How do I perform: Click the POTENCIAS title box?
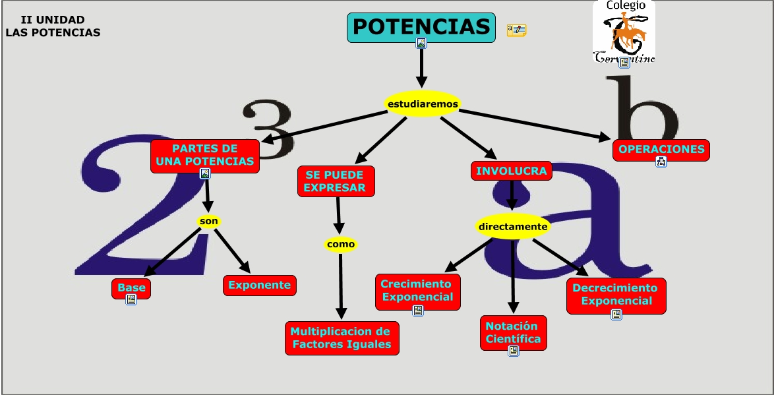point(421,27)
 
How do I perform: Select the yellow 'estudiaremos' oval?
point(422,104)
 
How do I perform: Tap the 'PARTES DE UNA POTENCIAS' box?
point(204,155)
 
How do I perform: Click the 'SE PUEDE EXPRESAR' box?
point(336,181)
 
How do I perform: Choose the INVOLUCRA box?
point(511,171)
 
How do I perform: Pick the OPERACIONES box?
point(661,149)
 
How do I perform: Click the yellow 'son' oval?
point(209,221)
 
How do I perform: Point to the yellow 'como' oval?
point(340,245)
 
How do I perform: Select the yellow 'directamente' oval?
point(513,227)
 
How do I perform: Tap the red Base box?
point(131,288)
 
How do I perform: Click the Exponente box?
point(259,286)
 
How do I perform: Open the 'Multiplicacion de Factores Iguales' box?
point(342,338)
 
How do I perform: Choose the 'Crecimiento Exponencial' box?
point(417,290)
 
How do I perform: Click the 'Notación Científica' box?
point(513,332)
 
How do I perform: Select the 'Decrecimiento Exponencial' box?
point(616,294)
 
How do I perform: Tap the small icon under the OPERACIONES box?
point(661,162)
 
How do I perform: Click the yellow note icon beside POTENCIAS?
point(516,30)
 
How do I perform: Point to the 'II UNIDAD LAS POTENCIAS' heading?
point(53,26)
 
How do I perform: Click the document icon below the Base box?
point(131,299)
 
